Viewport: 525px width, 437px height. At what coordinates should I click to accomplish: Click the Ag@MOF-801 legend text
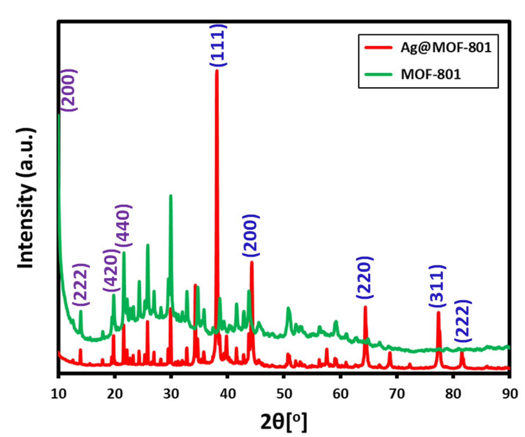click(446, 48)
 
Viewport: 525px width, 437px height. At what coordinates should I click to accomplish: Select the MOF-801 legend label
click(431, 75)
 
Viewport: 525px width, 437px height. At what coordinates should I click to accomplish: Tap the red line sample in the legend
click(378, 47)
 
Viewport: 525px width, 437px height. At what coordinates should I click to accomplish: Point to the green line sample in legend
click(378, 75)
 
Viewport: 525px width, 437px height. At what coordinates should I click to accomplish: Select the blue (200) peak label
click(251, 236)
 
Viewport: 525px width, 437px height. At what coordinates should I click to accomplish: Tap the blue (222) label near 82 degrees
click(463, 321)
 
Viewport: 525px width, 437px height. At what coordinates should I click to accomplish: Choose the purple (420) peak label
click(111, 270)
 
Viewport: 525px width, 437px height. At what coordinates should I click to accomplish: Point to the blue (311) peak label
click(437, 286)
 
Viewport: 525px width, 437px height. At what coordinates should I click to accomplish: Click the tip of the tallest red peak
click(217, 70)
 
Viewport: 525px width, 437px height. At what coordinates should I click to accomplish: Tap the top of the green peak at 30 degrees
click(171, 196)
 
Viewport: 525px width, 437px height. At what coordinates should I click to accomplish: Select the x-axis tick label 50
click(284, 394)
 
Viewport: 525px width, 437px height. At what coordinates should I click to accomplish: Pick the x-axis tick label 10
click(59, 394)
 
